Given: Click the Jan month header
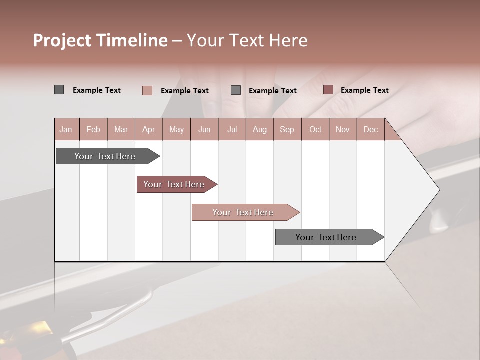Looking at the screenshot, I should click(66, 129).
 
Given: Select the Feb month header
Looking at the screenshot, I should click(93, 129).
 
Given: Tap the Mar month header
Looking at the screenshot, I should click(121, 129).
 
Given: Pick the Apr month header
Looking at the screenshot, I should click(149, 129).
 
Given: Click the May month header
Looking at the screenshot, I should click(176, 129).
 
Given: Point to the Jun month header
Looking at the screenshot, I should click(204, 129).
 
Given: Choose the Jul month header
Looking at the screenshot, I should click(232, 129).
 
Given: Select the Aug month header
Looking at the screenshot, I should click(260, 129).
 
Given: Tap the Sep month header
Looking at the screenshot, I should click(287, 129).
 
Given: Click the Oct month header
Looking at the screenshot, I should click(315, 129).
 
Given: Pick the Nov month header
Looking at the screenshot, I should click(343, 129).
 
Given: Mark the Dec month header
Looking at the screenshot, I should click(371, 129).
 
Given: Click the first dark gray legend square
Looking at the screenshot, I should click(59, 90).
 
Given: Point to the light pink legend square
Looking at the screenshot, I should click(147, 90).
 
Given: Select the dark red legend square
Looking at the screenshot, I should click(328, 90).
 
